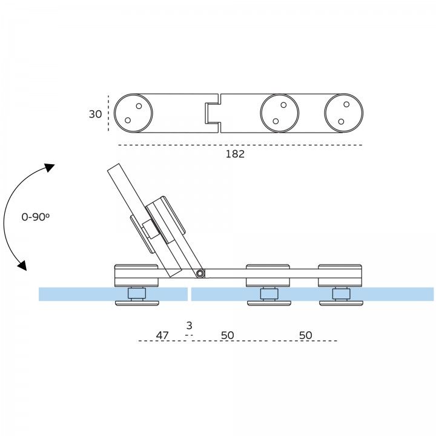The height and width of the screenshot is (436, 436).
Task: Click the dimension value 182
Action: (235, 154)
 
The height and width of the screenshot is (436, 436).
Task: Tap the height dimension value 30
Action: (95, 114)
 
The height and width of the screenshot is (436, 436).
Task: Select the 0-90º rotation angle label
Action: (35, 217)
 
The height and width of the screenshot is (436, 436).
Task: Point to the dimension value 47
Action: (162, 335)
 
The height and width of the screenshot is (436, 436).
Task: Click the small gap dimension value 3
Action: (190, 326)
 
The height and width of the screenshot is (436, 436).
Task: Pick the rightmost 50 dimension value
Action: (306, 335)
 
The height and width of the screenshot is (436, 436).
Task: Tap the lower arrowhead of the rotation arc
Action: (22, 265)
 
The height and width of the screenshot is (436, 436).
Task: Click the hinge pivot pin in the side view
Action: (200, 274)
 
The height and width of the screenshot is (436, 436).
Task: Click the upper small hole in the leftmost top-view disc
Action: (139, 107)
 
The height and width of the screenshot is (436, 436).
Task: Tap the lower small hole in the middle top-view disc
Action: (276, 121)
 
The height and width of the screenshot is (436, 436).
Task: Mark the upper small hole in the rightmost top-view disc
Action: (346, 105)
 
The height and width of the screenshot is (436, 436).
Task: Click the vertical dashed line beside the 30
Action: (108, 113)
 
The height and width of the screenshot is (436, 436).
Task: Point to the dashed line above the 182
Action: (240, 145)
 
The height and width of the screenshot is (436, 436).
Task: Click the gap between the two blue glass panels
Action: (190, 294)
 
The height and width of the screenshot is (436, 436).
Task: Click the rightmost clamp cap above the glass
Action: (340, 268)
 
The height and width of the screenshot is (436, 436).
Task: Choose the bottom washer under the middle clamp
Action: (268, 303)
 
